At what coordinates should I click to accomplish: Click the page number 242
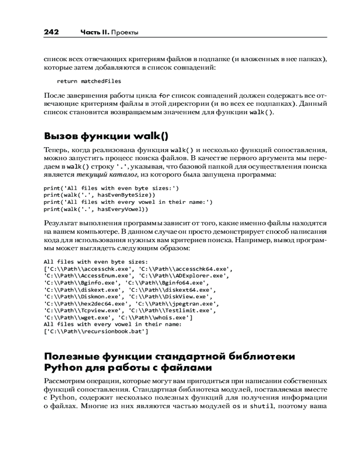tap(51, 32)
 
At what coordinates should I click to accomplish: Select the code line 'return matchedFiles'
tap(89, 81)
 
